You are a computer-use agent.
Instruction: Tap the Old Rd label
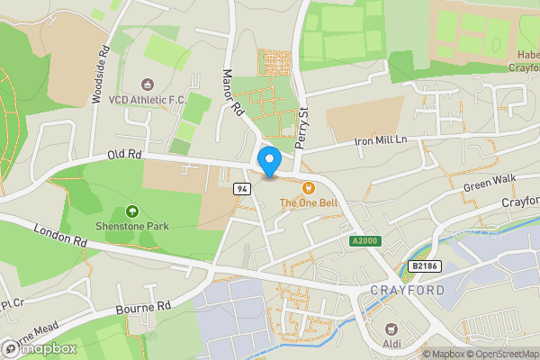coord(125,154)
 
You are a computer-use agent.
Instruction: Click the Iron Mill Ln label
coord(382,139)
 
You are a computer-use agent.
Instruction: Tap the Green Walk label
coord(489,182)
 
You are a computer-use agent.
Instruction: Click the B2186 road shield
coord(423,265)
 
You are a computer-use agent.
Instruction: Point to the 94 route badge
coord(242,188)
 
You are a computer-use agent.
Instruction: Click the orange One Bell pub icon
coord(309,187)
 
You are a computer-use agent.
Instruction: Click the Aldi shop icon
coord(391,329)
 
